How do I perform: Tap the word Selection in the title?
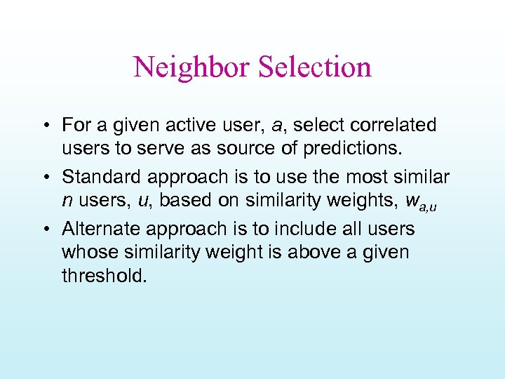point(314,67)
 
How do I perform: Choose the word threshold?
point(105,276)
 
